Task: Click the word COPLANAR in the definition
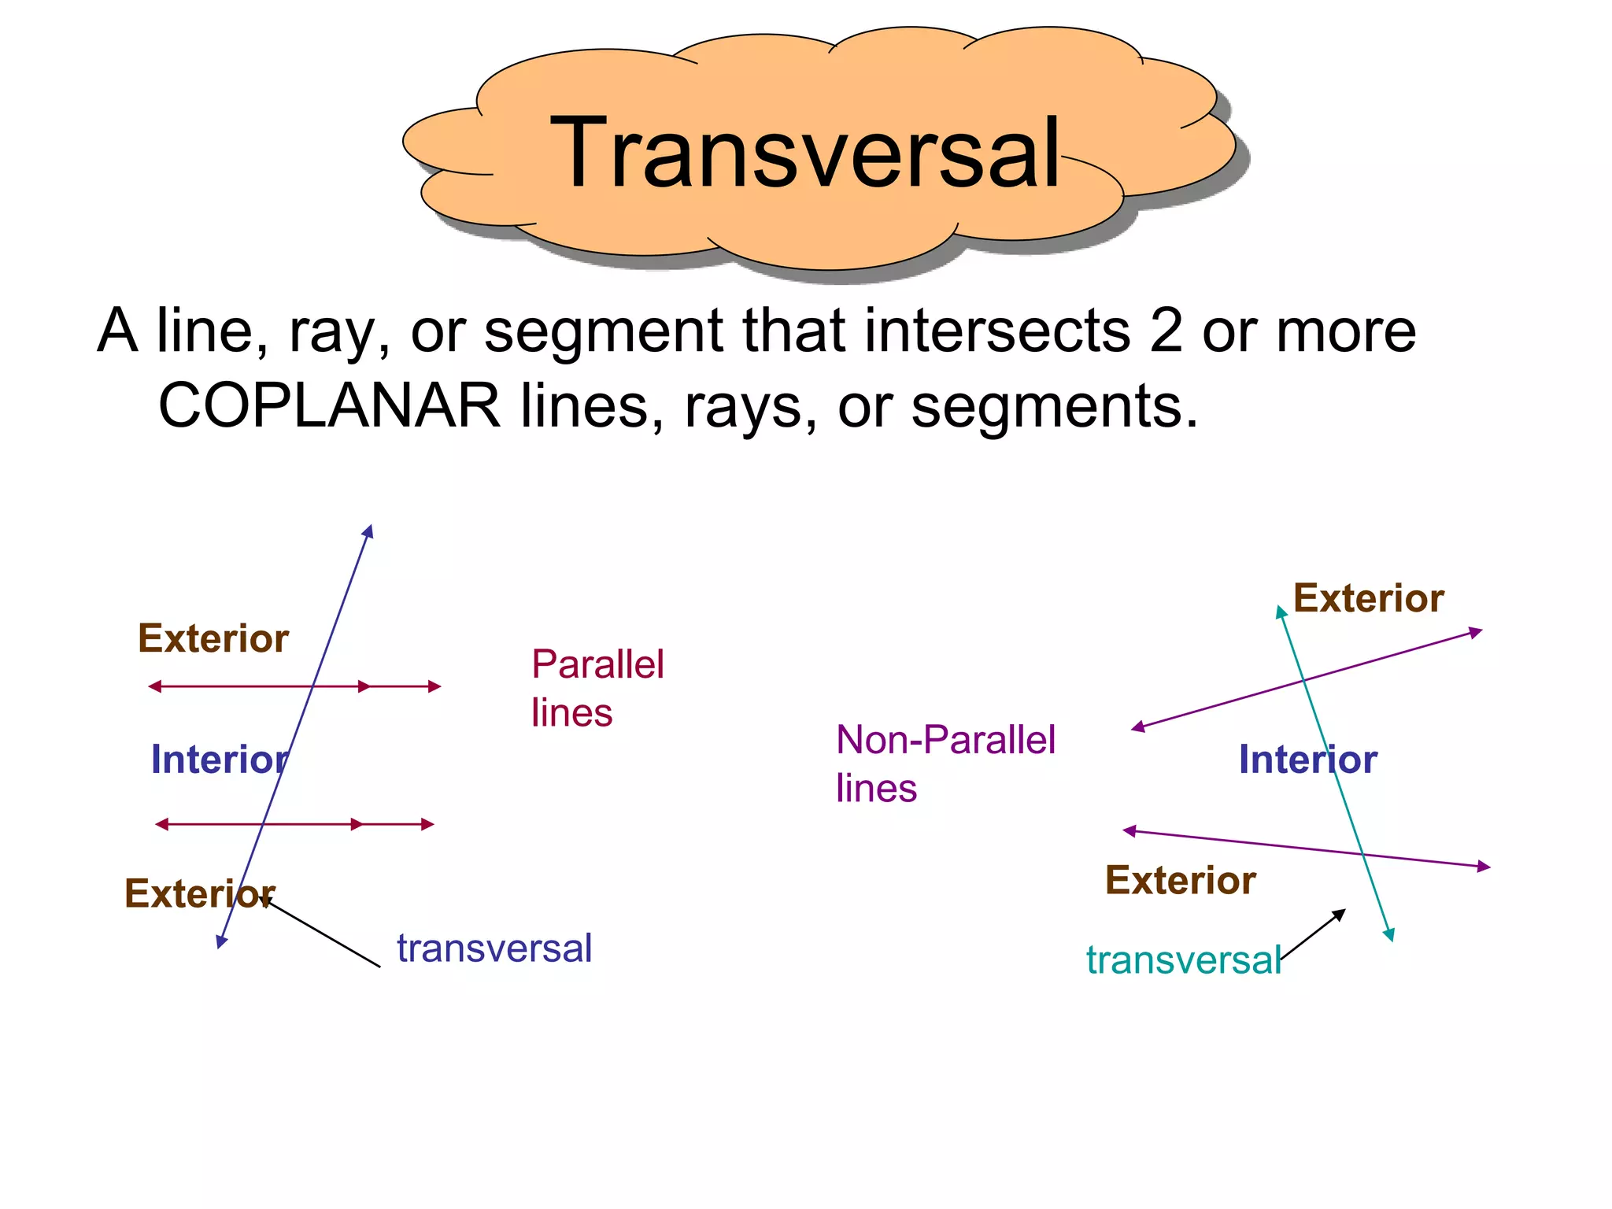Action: point(329,406)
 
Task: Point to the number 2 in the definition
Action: point(1166,331)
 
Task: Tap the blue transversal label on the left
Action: point(494,948)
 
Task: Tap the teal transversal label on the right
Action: point(1183,960)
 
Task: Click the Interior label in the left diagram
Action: point(220,760)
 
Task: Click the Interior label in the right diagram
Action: point(1307,760)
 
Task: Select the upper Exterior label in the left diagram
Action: point(213,638)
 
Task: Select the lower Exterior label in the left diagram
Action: point(199,893)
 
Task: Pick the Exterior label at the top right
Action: point(1368,598)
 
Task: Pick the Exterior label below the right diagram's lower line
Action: point(1180,880)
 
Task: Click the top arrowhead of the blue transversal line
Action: point(368,531)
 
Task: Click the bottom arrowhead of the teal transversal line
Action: point(1389,934)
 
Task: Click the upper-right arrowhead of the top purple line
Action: point(1476,632)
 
